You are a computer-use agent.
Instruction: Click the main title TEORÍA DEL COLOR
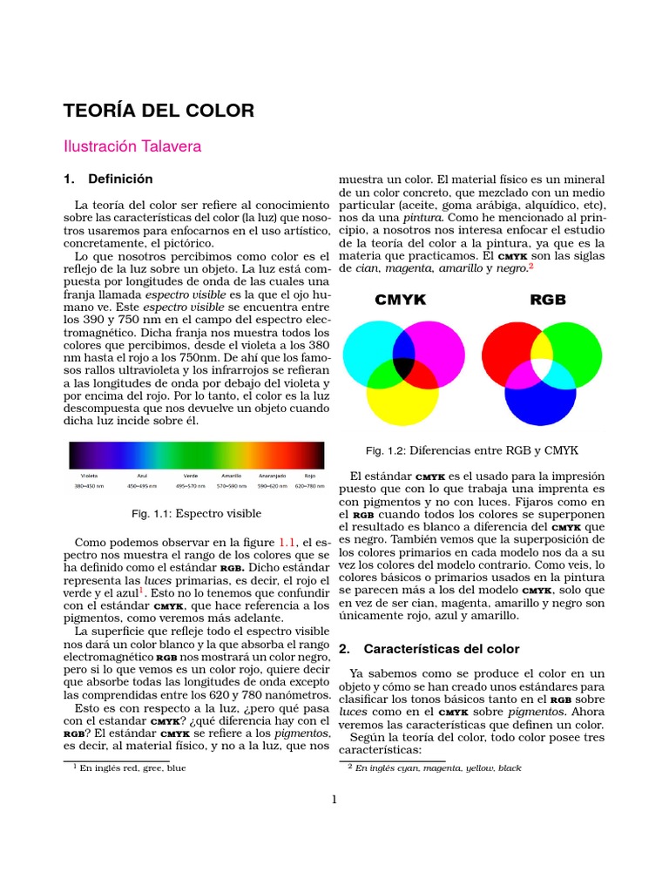(159, 111)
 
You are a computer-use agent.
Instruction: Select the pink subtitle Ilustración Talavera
(132, 146)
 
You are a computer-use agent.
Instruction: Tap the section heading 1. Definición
(108, 179)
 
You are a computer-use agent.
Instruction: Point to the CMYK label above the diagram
(400, 301)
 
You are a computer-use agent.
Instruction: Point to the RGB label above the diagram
(547, 301)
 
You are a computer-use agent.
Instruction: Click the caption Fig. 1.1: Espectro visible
(197, 513)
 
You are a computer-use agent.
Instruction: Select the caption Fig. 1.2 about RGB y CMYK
(471, 450)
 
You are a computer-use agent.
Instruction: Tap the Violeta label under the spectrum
(89, 476)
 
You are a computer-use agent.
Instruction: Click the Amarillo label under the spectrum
(231, 476)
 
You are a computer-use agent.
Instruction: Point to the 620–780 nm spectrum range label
(309, 485)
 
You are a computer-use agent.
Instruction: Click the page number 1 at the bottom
(334, 801)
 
